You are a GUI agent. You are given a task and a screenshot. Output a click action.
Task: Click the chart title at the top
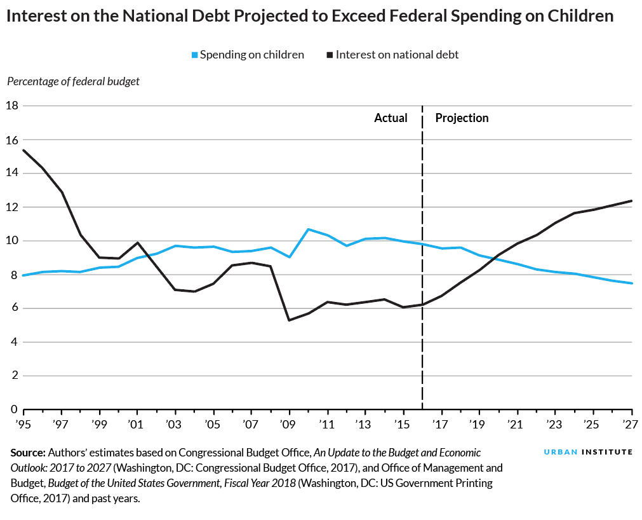pyautogui.click(x=310, y=17)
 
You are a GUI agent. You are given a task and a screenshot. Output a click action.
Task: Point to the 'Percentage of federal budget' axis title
pyautogui.click(x=73, y=81)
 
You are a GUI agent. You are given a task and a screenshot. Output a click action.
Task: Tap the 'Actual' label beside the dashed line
pyautogui.click(x=391, y=118)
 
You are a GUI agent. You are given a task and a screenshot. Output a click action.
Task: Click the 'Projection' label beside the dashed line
pyautogui.click(x=462, y=118)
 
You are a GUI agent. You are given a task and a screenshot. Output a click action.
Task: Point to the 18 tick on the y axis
pyautogui.click(x=11, y=106)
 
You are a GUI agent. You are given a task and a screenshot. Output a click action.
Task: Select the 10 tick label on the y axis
pyautogui.click(x=11, y=241)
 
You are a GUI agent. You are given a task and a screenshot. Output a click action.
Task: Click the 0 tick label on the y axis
pyautogui.click(x=13, y=409)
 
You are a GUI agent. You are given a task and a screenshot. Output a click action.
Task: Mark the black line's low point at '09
pyautogui.click(x=289, y=320)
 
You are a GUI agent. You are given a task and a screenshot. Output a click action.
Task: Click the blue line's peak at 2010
pyautogui.click(x=308, y=229)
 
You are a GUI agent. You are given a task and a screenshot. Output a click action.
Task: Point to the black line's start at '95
pyautogui.click(x=23, y=151)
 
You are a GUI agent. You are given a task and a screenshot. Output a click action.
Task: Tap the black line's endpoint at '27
pyautogui.click(x=631, y=201)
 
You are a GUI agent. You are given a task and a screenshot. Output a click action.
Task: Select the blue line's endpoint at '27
pyautogui.click(x=631, y=284)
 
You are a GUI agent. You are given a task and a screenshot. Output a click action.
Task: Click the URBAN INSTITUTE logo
pyautogui.click(x=588, y=452)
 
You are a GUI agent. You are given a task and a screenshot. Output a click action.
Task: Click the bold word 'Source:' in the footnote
pyautogui.click(x=27, y=453)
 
